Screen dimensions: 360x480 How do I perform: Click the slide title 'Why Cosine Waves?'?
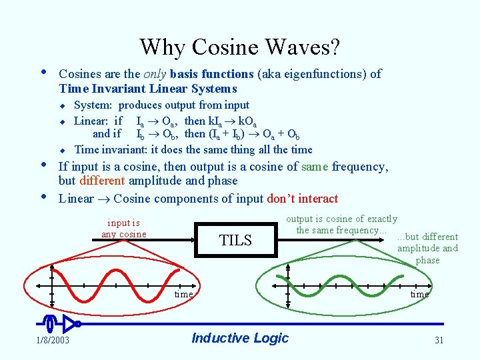[x=239, y=47]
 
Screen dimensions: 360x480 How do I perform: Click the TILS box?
[x=235, y=241]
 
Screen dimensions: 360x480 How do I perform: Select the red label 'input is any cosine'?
[x=124, y=229]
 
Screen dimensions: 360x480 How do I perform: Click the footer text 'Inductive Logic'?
[x=240, y=338]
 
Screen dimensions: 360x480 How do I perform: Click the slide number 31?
[x=439, y=340]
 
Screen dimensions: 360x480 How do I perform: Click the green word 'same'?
[x=315, y=167]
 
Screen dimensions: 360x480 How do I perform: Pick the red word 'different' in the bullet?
[x=102, y=181]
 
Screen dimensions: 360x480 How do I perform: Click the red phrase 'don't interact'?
[x=302, y=199]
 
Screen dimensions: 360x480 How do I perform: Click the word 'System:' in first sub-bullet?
[x=94, y=105]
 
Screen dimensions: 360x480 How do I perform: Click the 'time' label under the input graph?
[x=184, y=294]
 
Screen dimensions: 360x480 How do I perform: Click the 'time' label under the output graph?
[x=420, y=294]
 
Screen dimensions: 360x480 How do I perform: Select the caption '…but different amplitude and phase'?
[x=427, y=249]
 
